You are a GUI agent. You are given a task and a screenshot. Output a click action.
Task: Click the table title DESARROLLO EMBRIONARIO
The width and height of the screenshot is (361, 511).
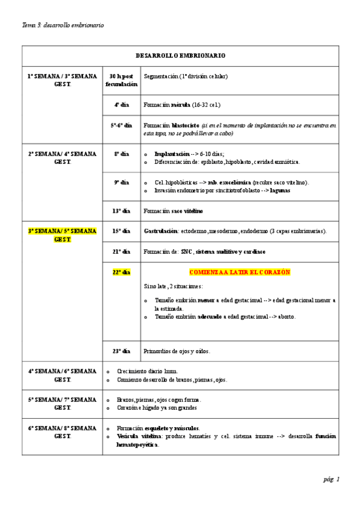click(181, 55)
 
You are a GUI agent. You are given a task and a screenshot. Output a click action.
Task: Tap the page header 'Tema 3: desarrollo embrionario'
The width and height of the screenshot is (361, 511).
click(63, 25)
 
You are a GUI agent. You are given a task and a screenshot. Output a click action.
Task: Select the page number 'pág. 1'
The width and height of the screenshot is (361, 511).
click(331, 479)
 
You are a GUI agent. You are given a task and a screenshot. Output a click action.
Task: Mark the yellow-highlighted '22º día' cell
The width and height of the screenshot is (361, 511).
click(121, 272)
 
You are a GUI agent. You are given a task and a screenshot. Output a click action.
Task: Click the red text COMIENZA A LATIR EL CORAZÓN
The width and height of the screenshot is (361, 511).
click(240, 272)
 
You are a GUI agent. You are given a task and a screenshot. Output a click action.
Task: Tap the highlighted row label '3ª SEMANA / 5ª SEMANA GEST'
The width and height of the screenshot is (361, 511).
click(62, 235)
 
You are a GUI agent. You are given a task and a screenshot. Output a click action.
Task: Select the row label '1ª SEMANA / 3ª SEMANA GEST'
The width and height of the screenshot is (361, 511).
click(62, 80)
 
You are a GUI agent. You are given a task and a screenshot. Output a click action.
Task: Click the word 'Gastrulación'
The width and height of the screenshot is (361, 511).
click(160, 231)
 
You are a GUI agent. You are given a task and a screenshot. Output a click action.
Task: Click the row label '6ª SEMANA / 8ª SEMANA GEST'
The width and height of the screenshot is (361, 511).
click(62, 431)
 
